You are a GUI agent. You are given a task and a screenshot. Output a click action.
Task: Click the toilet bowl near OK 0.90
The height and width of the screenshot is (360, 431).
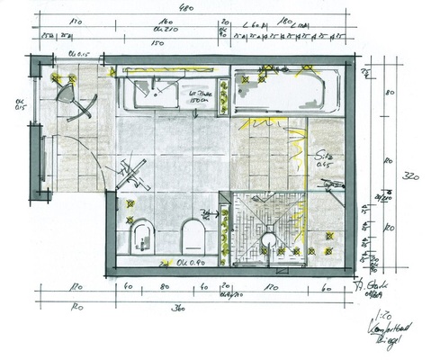click(191, 237)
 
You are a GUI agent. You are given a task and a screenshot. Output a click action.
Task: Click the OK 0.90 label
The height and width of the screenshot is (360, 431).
click(185, 263)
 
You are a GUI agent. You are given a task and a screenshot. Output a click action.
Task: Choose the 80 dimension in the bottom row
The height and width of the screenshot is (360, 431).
click(163, 289)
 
